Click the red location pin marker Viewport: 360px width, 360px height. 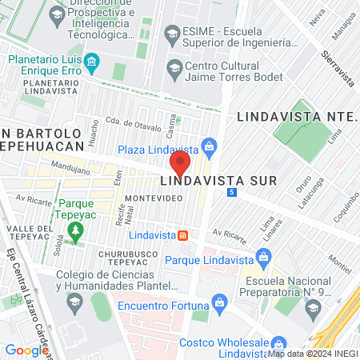tap(180, 164)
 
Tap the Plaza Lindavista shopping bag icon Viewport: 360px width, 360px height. tap(210, 146)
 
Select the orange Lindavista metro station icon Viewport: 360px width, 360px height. tap(183, 235)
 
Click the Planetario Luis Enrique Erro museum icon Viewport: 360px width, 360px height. tap(91, 61)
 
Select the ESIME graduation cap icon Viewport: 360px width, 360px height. tap(171, 34)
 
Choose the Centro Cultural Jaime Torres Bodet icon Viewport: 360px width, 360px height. tap(173, 68)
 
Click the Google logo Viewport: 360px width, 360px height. tap(26, 350)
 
